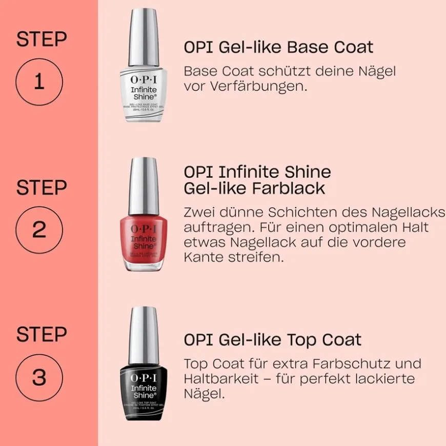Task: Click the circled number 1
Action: coord(39,82)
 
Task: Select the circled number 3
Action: coord(39,377)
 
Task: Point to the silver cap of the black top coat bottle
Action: coord(144,333)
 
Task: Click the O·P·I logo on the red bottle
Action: coord(144,228)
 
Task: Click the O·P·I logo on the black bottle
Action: coord(144,377)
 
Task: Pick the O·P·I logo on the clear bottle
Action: coord(144,79)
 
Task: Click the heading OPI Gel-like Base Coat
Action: coord(278,47)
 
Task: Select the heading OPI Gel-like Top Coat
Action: coord(272,339)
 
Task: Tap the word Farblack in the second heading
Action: coord(289,188)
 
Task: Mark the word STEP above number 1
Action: coord(42,39)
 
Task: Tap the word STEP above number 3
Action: coord(42,335)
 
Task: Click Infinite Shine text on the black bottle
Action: coord(144,391)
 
